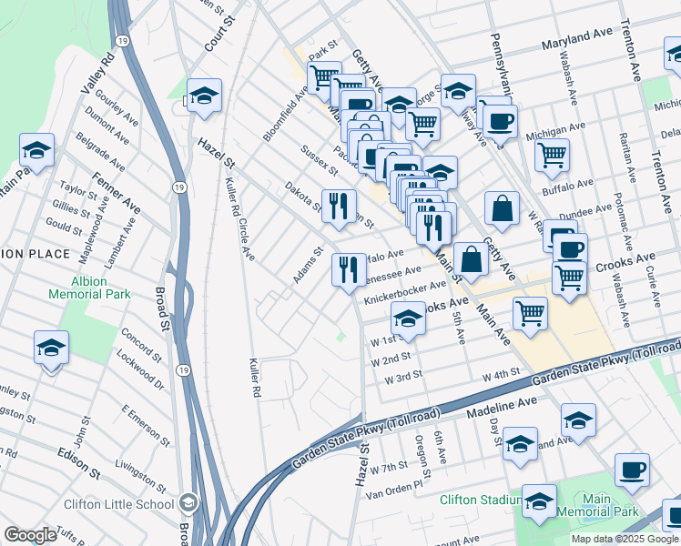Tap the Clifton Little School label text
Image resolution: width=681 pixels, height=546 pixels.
click(x=119, y=503)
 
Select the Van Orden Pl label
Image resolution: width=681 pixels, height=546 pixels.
click(x=394, y=489)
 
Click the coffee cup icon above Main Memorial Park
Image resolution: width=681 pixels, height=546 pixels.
click(x=632, y=470)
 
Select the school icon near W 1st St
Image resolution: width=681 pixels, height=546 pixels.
click(x=409, y=318)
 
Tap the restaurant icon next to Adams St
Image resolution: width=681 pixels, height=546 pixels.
click(x=349, y=269)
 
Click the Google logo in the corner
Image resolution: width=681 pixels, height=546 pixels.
click(x=30, y=535)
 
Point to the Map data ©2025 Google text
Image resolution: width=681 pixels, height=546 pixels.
click(x=624, y=539)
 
